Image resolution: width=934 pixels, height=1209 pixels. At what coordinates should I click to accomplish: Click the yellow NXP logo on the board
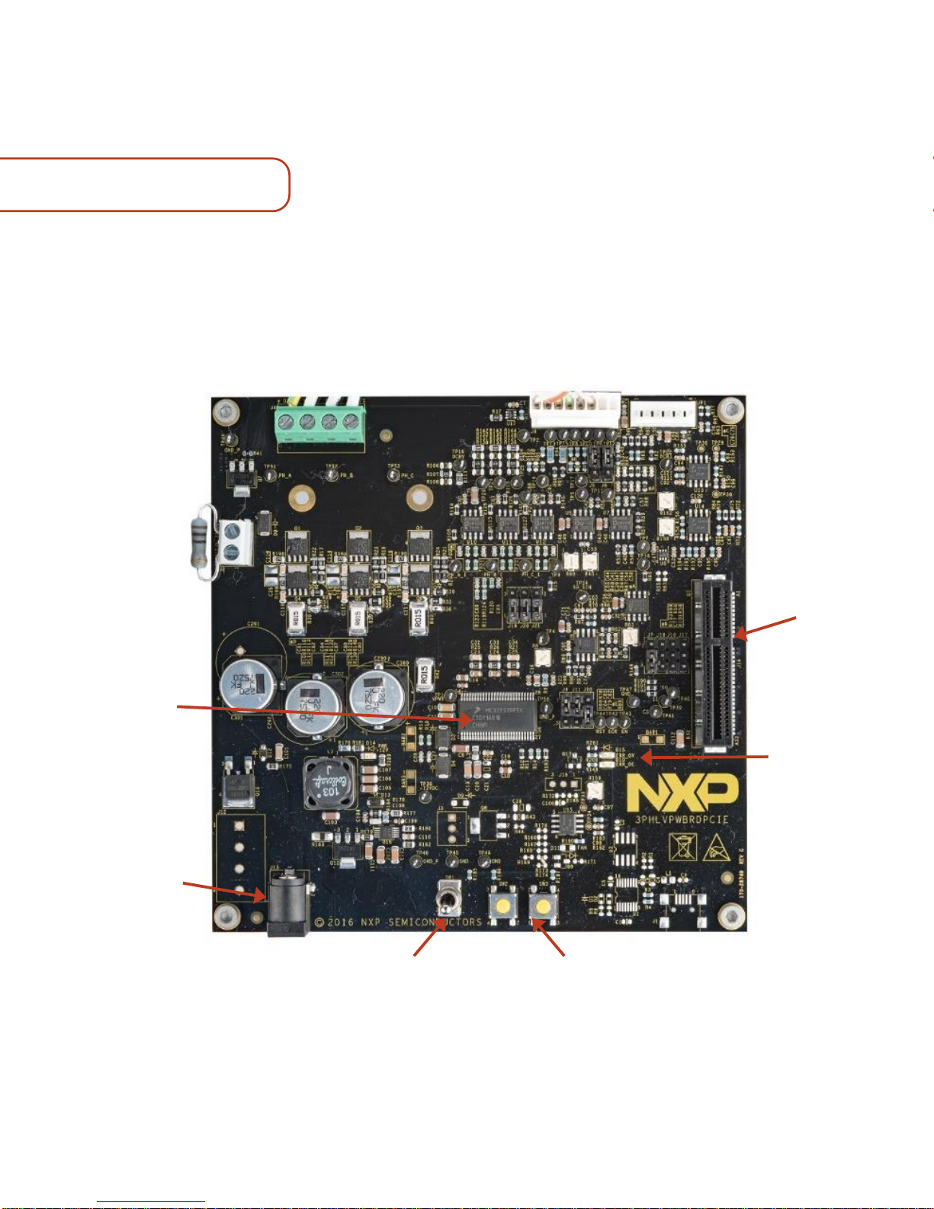pos(682,793)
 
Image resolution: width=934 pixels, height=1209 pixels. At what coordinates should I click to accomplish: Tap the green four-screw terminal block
pos(319,421)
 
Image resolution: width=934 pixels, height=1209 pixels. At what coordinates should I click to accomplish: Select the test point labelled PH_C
pos(393,475)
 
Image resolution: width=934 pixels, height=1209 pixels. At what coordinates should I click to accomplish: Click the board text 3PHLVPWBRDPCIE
pos(682,820)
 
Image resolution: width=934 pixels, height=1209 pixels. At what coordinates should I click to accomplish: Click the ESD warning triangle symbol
pos(717,847)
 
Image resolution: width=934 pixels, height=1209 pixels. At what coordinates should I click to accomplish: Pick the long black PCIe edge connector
pos(714,663)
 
